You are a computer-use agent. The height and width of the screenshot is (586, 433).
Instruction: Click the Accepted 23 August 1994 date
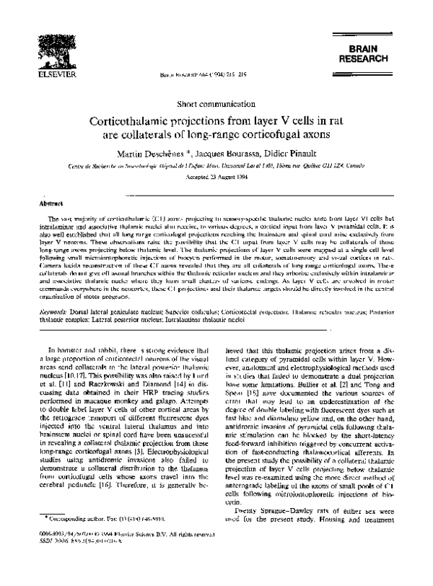pyautogui.click(x=216, y=180)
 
